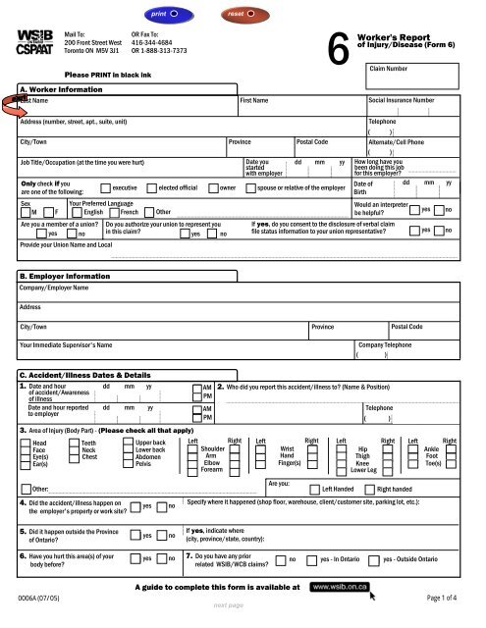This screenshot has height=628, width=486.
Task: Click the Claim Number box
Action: click(x=415, y=78)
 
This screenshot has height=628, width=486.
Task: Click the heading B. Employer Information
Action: click(x=68, y=277)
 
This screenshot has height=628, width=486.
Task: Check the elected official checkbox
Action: click(x=150, y=186)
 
